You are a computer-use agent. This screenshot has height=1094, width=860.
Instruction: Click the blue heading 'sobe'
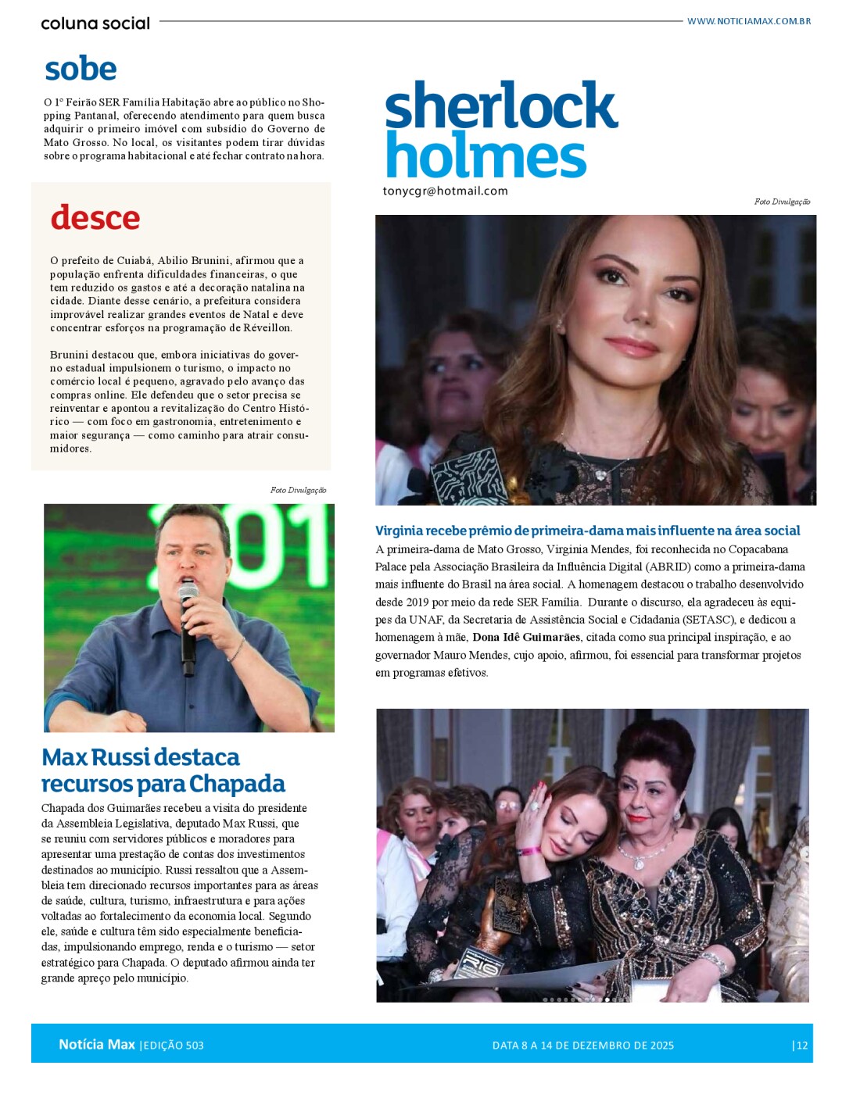click(x=81, y=69)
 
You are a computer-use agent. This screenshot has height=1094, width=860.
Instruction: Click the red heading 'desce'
click(x=95, y=217)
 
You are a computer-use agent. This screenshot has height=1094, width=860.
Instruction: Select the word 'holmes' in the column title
click(x=486, y=155)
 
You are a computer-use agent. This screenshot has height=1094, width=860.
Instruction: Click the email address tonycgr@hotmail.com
click(x=445, y=191)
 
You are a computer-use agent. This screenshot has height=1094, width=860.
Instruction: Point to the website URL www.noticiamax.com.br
click(x=748, y=21)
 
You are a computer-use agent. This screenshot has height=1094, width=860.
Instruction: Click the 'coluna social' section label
click(x=95, y=23)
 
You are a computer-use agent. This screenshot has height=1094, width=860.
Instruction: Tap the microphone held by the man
click(x=188, y=617)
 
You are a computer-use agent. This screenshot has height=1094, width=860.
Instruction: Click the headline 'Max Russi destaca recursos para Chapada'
click(x=163, y=770)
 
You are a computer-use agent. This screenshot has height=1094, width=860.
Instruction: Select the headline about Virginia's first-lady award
click(x=587, y=531)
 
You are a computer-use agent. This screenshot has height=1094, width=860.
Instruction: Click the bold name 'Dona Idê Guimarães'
click(x=526, y=637)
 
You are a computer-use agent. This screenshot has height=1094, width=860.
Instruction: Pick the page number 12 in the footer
click(x=801, y=1046)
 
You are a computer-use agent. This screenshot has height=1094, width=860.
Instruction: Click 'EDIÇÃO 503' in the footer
click(x=174, y=1046)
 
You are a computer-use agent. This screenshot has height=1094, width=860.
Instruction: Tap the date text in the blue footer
click(x=582, y=1046)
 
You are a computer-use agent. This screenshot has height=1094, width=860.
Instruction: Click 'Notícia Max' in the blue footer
click(x=97, y=1045)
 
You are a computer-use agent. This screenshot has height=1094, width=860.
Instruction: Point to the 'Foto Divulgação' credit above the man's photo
click(x=298, y=490)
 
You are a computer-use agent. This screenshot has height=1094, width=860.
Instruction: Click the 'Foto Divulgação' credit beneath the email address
click(x=782, y=202)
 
